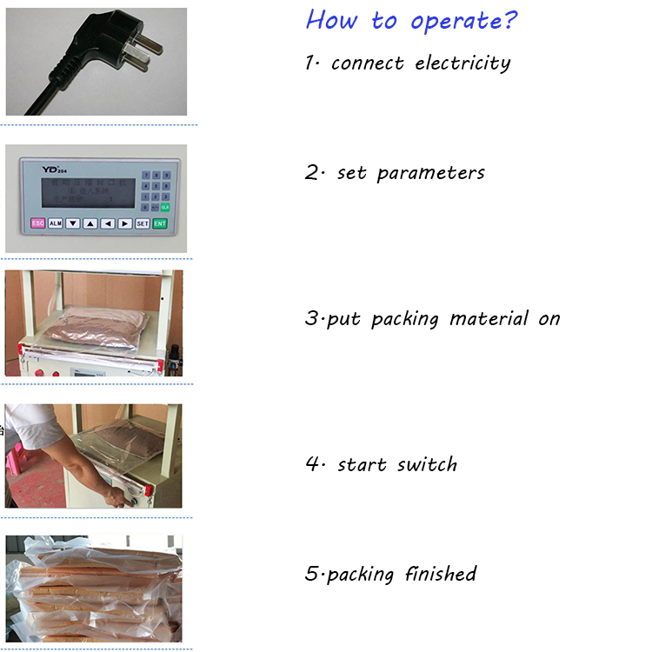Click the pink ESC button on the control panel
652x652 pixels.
pos(37,223)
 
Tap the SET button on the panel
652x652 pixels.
pos(142,223)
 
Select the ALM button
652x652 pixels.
pos(55,223)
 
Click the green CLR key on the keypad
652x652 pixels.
pos(165,208)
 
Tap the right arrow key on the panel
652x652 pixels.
pos(124,223)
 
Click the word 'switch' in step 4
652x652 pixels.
pos(427,464)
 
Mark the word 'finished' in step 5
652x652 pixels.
pos(440,574)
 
